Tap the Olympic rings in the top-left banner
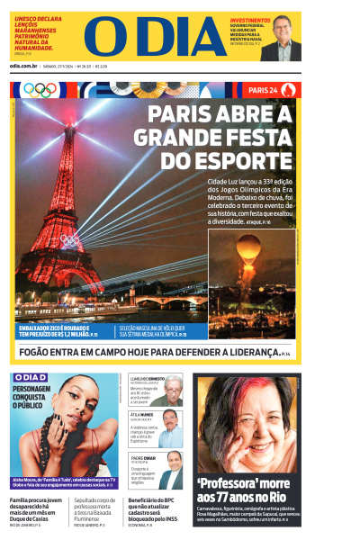pos(40,89)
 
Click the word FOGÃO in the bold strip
pos(35,353)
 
